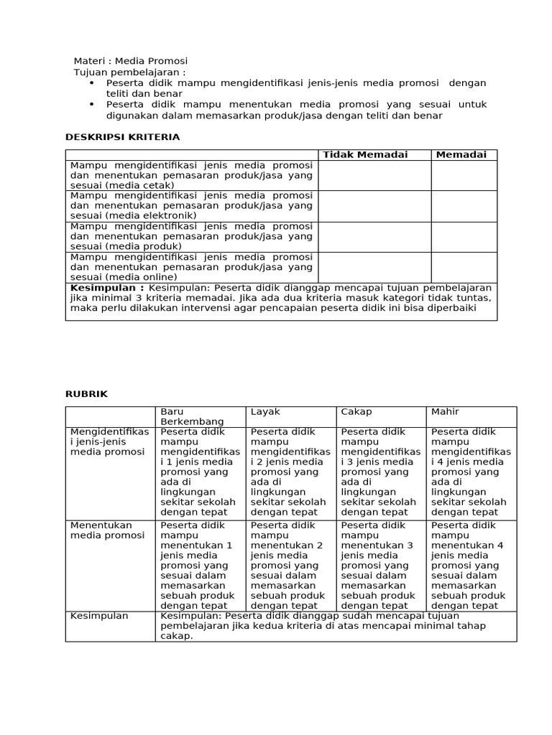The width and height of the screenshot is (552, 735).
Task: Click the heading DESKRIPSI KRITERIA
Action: pyautogui.click(x=122, y=136)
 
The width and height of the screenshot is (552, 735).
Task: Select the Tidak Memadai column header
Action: pyautogui.click(x=365, y=155)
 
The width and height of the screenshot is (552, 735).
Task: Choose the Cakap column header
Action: pyautogui.click(x=356, y=412)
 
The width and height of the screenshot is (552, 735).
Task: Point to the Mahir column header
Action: pyautogui.click(x=445, y=412)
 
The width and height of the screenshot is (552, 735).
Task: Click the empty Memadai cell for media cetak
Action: pyautogui.click(x=464, y=175)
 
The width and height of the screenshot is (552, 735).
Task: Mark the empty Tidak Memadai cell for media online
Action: pyautogui.click(x=374, y=267)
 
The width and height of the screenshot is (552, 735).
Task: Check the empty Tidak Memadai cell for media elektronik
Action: pyautogui.click(x=374, y=206)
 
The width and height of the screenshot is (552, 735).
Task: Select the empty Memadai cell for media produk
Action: pyautogui.click(x=464, y=237)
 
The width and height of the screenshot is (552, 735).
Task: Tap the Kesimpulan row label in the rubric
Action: pyautogui.click(x=99, y=616)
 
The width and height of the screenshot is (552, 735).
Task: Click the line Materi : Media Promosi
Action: pyautogui.click(x=131, y=61)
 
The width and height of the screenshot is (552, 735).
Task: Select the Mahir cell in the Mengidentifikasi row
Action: pyautogui.click(x=471, y=472)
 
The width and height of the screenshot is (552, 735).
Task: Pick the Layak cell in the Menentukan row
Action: pyautogui.click(x=290, y=566)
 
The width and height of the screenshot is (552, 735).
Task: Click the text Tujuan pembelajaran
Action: pyautogui.click(x=129, y=72)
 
